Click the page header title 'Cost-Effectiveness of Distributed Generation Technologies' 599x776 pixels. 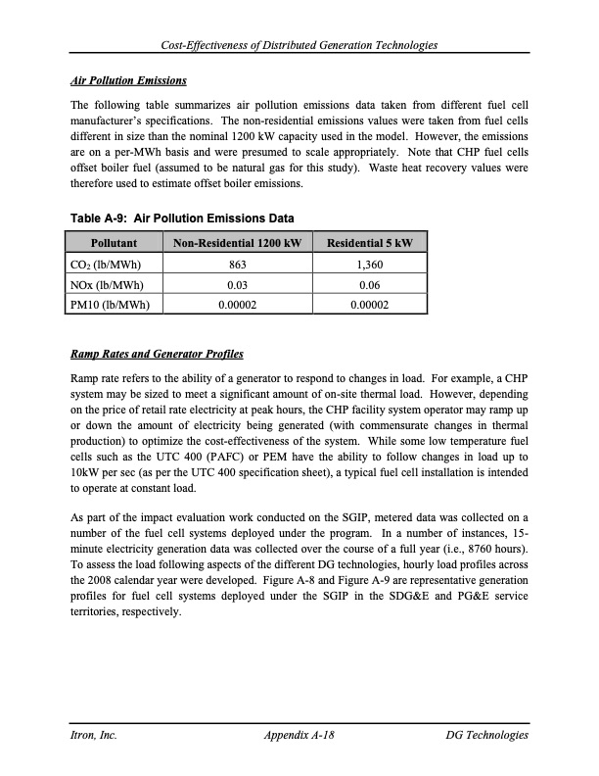[299, 46]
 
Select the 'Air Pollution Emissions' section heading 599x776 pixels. [128, 79]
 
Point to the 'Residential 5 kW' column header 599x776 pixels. [369, 242]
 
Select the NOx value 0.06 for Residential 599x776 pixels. [369, 284]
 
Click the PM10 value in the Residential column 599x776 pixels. [369, 305]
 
